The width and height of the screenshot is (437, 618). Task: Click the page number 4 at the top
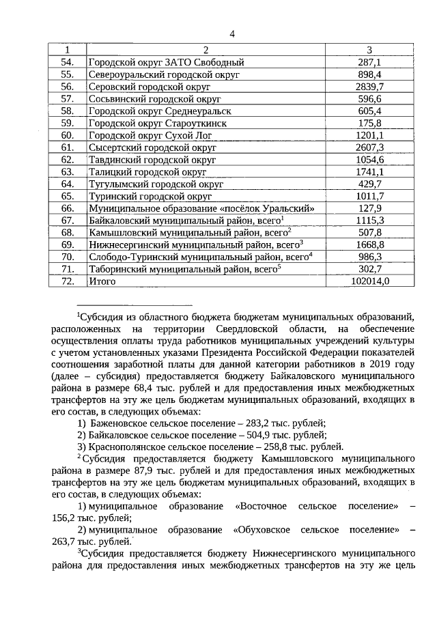pos(231,34)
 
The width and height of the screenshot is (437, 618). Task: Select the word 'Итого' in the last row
pos(102,281)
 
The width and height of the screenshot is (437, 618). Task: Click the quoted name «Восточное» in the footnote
pos(262,506)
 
